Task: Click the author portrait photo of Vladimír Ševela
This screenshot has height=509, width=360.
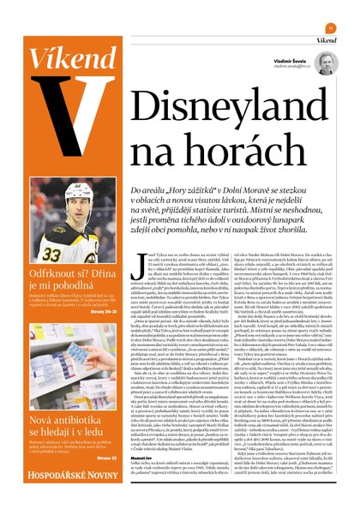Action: pos(324,65)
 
